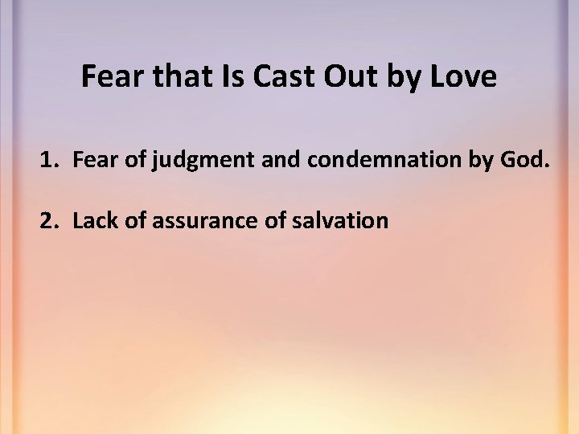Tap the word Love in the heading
(466, 77)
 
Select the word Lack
(92, 220)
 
